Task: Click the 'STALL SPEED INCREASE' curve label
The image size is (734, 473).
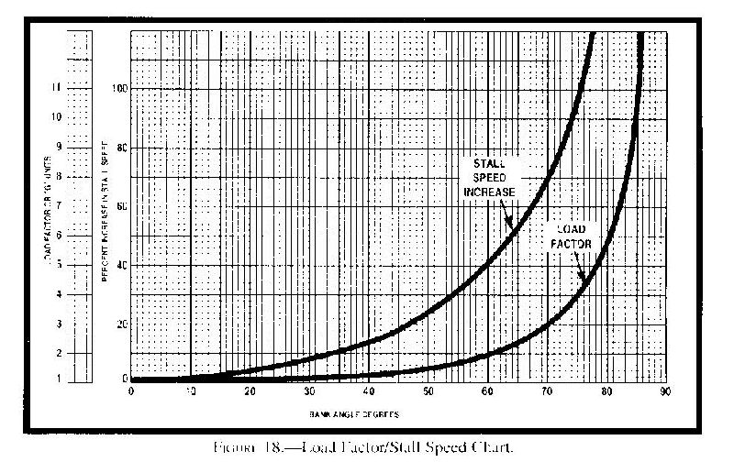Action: coord(489,177)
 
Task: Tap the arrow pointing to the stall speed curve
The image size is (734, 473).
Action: coord(507,217)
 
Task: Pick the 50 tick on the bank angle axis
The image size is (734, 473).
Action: coord(428,392)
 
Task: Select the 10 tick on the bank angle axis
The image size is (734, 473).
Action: coord(191,392)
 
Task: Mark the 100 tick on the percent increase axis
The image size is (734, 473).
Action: coord(118,88)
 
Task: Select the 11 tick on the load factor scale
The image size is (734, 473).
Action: coord(59,88)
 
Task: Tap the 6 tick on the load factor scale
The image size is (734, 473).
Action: coord(60,236)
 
